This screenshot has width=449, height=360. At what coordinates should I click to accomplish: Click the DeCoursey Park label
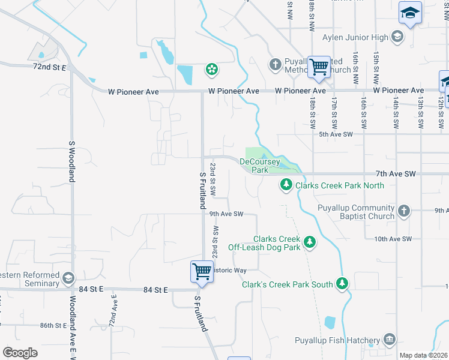click(259, 166)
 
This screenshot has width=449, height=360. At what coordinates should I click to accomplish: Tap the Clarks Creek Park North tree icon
click(287, 185)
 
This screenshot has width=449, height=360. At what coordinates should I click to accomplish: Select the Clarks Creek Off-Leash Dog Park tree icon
click(310, 242)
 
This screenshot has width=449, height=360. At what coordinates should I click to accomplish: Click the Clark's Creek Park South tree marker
click(342, 283)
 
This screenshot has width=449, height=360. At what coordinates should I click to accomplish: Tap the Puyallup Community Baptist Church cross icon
click(404, 211)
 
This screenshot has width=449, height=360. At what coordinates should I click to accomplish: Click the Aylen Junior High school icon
click(396, 37)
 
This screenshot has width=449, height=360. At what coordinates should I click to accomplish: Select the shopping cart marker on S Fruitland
click(202, 271)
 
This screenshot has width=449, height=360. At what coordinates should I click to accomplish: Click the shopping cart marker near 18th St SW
click(319, 67)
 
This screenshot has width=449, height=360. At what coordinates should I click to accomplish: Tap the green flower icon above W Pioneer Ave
click(211, 70)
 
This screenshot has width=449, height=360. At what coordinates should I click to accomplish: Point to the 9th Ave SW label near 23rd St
click(226, 214)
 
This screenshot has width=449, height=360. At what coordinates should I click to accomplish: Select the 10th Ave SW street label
click(393, 239)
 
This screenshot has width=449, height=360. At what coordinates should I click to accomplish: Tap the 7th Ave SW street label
click(415, 173)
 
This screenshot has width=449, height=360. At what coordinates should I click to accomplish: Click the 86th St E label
click(53, 325)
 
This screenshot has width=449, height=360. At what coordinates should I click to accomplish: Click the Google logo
click(20, 353)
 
